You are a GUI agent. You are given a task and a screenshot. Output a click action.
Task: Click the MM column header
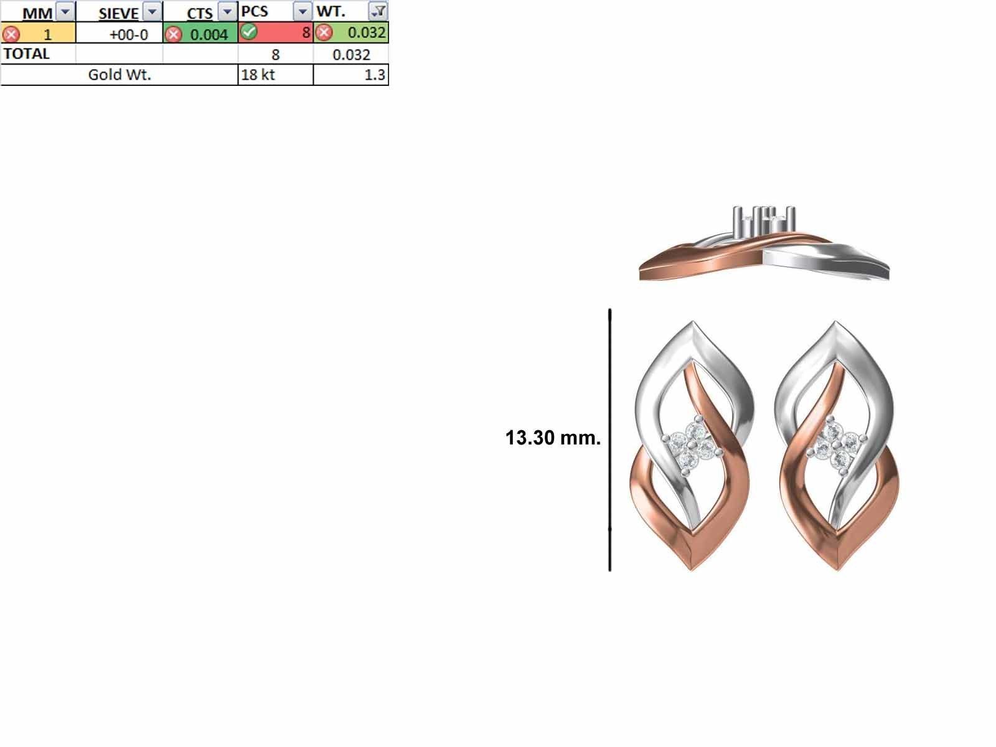[37, 12]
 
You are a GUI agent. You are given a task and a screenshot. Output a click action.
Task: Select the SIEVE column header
[118, 12]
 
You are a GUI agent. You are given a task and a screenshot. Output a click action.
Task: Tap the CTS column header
[199, 12]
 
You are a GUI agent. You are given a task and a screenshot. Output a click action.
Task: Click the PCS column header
[255, 12]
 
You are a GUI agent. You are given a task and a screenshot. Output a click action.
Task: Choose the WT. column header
[331, 12]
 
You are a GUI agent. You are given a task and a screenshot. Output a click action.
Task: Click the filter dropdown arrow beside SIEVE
[153, 12]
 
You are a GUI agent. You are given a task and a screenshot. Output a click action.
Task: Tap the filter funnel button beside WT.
[378, 11]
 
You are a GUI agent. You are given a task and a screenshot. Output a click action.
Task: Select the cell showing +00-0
[128, 34]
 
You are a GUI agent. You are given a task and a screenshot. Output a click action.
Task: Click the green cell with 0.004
[209, 34]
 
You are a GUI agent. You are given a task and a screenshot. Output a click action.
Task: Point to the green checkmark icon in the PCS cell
[248, 32]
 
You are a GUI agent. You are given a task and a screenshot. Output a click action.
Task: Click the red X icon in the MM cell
[11, 34]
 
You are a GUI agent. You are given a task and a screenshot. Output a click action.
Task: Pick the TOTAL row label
[26, 54]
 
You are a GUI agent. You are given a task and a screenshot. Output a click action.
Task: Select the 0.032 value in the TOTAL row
[351, 55]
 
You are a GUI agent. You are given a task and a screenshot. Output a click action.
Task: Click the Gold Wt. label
[120, 75]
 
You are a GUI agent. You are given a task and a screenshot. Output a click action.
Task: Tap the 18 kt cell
[258, 75]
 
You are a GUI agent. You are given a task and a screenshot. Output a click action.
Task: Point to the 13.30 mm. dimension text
[553, 438]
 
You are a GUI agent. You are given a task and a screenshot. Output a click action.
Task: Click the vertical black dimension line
[610, 439]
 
